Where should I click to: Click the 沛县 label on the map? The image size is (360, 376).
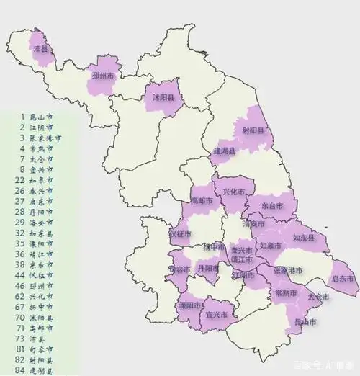pyautogui.click(x=41, y=49)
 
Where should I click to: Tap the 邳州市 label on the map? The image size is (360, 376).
pyautogui.click(x=100, y=76)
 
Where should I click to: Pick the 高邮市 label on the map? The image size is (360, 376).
pyautogui.click(x=202, y=199)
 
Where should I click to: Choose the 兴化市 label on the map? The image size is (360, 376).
pyautogui.click(x=234, y=192)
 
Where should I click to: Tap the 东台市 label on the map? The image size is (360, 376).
pyautogui.click(x=271, y=205)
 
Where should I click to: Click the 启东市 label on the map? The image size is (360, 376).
pyautogui.click(x=341, y=278)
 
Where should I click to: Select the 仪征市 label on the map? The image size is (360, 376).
pyautogui.click(x=179, y=234)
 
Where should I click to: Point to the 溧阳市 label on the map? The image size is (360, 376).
pyautogui.click(x=189, y=305)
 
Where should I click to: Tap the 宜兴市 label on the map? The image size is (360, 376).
pyautogui.click(x=217, y=315)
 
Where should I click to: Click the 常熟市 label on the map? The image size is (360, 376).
pyautogui.click(x=287, y=292)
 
